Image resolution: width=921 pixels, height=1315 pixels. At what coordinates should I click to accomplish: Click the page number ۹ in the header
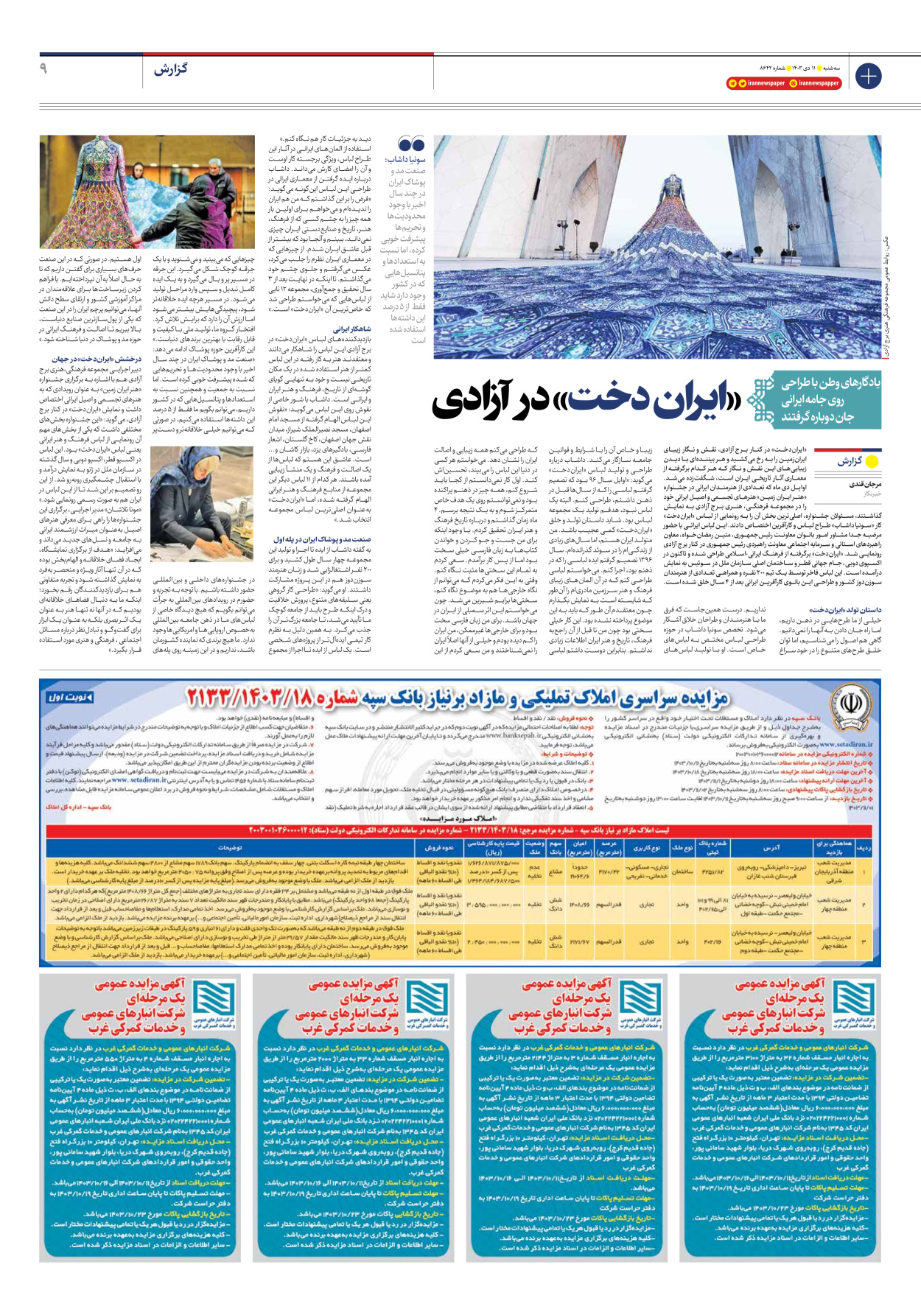pyautogui.click(x=43, y=69)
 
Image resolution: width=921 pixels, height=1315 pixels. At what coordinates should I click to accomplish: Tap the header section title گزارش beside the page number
pyautogui.click(x=170, y=69)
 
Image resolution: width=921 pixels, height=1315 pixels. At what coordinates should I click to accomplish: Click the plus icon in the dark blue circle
pyautogui.click(x=868, y=76)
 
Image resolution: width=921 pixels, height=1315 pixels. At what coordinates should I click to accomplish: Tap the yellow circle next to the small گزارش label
pyautogui.click(x=872, y=462)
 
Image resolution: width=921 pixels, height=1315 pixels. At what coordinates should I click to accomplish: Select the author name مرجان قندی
pyautogui.click(x=864, y=485)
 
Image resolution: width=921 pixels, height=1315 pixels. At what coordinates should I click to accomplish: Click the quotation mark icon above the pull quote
pyautogui.click(x=411, y=144)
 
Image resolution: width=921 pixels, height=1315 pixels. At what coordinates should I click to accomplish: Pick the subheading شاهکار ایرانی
pyautogui.click(x=352, y=329)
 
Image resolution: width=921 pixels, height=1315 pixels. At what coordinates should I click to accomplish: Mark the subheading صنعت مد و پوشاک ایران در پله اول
pyautogui.click(x=332, y=539)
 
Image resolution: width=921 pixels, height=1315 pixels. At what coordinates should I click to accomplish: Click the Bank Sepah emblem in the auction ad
pyautogui.click(x=850, y=706)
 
